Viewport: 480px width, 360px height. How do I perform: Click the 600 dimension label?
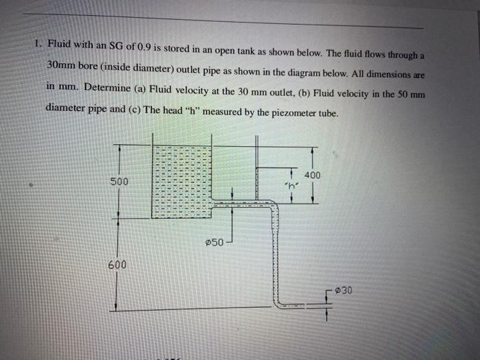point(117,265)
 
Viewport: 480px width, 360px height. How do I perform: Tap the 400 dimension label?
point(311,176)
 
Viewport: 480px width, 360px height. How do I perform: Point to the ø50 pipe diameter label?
point(214,243)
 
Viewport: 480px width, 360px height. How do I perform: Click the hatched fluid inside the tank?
point(181,182)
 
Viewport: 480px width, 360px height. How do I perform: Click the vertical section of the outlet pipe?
point(276,254)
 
